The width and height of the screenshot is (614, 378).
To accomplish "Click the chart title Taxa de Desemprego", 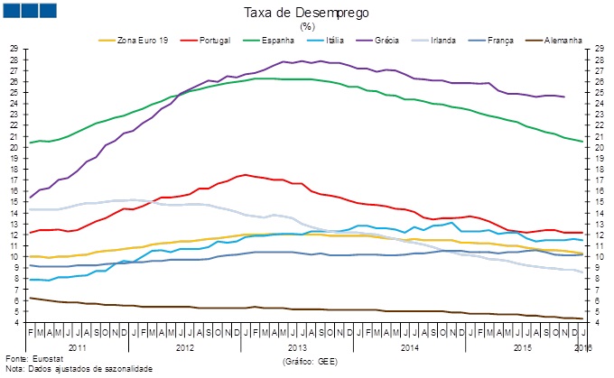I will tap(307, 13).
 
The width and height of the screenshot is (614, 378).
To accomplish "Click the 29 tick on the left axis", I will tap(14, 48).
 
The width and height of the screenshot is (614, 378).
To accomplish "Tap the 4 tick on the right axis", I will tap(599, 322).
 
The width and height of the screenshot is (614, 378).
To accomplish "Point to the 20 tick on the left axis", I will tap(14, 147).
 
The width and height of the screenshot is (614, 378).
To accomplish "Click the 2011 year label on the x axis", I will tap(77, 346).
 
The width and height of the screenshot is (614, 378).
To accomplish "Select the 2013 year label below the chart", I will tap(298, 346).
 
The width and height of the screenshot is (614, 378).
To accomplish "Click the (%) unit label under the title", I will tap(307, 26).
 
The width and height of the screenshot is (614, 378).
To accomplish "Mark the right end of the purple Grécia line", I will tap(564, 97).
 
